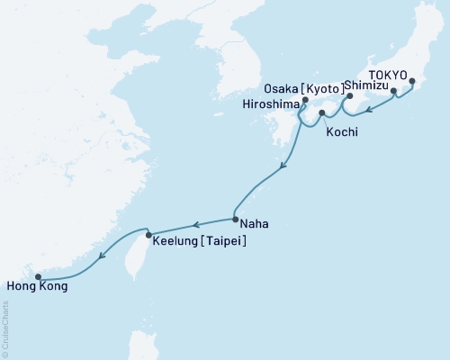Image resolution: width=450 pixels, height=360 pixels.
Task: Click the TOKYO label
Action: pyautogui.click(x=390, y=75)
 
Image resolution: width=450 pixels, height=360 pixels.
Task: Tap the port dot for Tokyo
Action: pyautogui.click(x=412, y=82)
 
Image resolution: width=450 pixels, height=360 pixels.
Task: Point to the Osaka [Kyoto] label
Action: pyautogui.click(x=304, y=89)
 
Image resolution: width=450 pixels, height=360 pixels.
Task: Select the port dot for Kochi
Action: pyautogui.click(x=322, y=113)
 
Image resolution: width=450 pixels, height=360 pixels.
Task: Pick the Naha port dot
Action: pyautogui.click(x=235, y=219)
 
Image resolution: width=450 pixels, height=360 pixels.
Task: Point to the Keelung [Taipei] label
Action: pyautogui.click(x=200, y=241)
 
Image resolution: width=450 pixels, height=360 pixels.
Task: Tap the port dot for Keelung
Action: pyautogui.click(x=149, y=236)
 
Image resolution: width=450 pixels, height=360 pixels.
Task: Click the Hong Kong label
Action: pyautogui.click(x=35, y=287)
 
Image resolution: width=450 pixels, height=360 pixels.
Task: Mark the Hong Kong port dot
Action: pyautogui.click(x=38, y=277)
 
